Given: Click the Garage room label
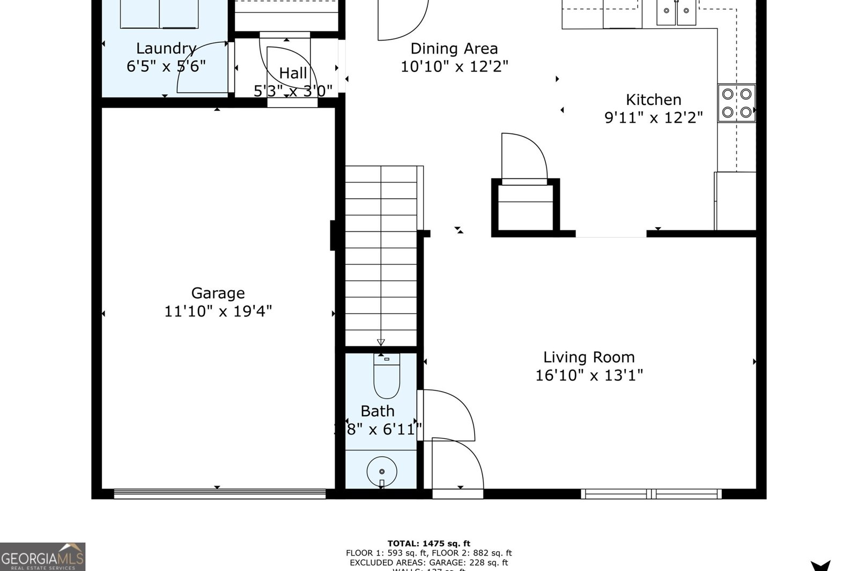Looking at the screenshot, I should click(218, 293).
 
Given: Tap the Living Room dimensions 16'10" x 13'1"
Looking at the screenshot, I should click(589, 375).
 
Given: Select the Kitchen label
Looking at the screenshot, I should click(653, 100).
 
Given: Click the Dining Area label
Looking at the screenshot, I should click(454, 49).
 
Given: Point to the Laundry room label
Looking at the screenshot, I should click(166, 48).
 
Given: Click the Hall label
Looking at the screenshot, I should click(293, 73).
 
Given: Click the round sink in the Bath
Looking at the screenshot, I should click(382, 471).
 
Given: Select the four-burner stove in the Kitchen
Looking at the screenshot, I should click(736, 103).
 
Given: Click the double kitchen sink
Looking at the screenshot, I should click(676, 12).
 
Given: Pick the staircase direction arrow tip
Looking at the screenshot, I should click(381, 343).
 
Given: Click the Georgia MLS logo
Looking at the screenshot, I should click(42, 557).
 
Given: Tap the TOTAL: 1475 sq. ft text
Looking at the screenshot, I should click(428, 544).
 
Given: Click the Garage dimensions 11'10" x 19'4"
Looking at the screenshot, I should click(218, 311).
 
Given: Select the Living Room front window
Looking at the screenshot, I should click(651, 493).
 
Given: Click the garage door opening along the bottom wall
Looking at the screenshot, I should click(220, 493).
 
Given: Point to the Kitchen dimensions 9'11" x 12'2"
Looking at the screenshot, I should click(653, 117).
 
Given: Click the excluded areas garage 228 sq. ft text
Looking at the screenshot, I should click(428, 562).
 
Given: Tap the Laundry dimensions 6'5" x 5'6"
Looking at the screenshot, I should click(166, 66).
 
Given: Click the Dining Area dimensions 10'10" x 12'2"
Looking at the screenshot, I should click(454, 66).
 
